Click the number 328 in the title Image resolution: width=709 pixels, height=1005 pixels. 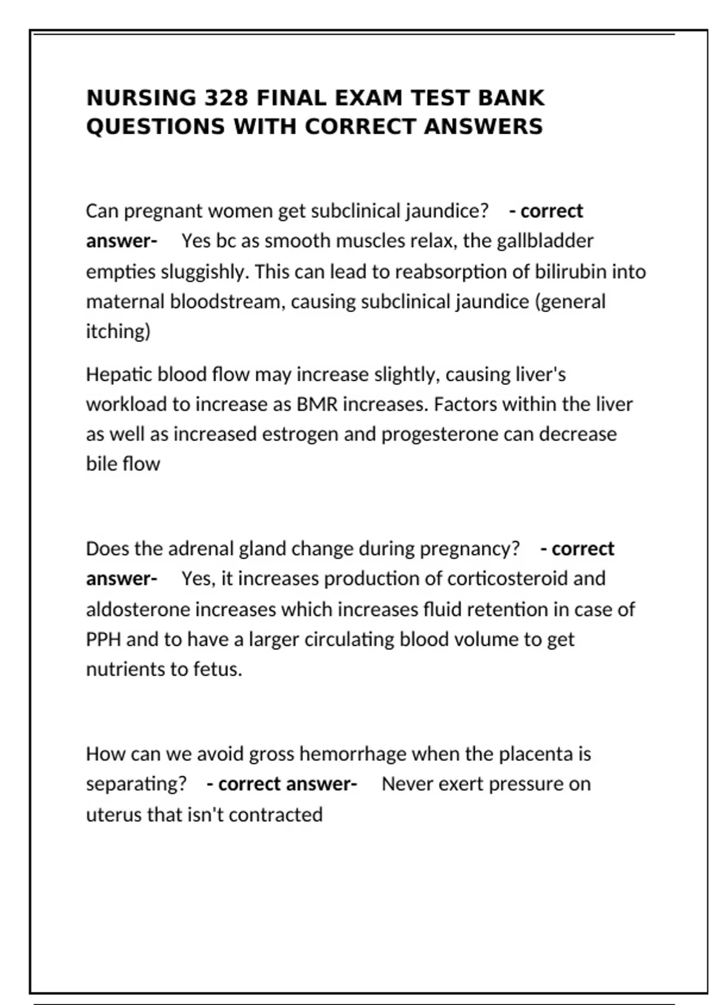[x=226, y=98]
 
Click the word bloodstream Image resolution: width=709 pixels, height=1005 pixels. [x=225, y=301]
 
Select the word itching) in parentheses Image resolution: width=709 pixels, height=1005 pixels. [x=118, y=332]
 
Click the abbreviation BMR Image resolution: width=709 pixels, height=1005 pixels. [x=317, y=404]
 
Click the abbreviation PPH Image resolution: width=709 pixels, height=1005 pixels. [x=103, y=640]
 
